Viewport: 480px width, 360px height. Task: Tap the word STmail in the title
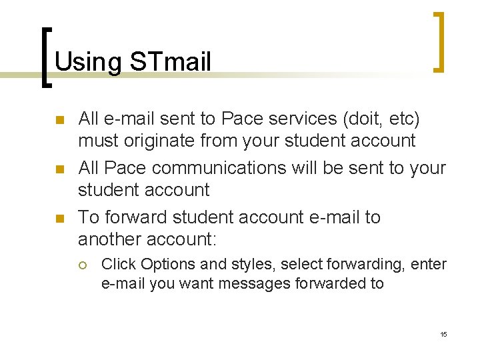(x=171, y=62)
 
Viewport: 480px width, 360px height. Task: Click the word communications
(x=224, y=168)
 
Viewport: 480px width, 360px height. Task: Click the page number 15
(x=443, y=333)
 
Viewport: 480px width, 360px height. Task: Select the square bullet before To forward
(x=59, y=219)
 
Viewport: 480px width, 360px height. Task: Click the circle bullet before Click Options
(x=82, y=265)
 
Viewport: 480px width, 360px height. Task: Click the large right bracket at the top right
(x=439, y=41)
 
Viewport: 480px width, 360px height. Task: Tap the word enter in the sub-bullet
(x=429, y=264)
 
